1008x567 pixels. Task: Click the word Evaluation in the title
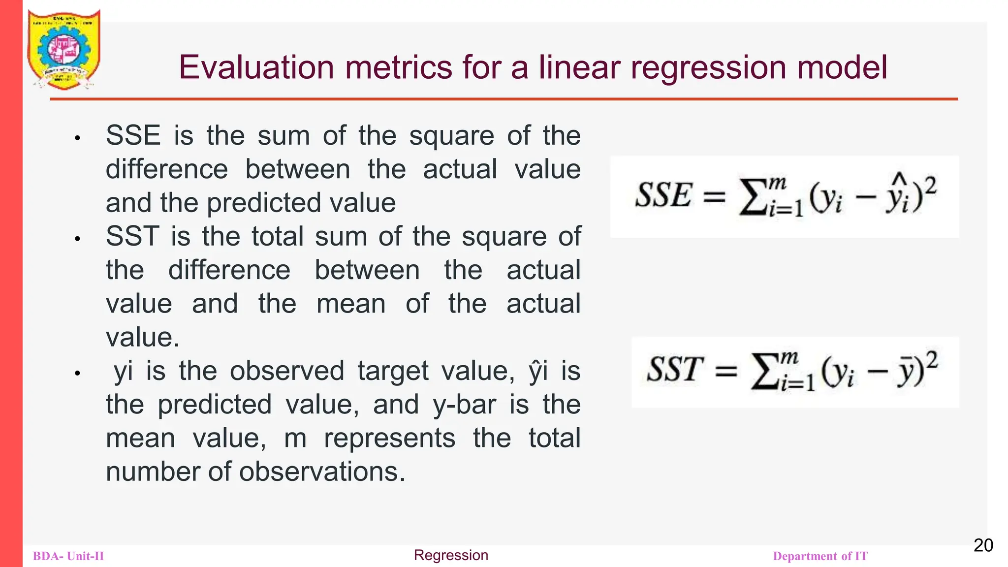[x=256, y=67]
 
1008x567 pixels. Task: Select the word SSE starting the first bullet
[x=133, y=135]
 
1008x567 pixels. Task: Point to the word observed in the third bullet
[x=287, y=371]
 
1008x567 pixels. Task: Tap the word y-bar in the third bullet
[x=464, y=405]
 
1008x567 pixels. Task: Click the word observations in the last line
[x=322, y=472]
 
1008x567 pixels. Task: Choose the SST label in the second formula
[x=675, y=370]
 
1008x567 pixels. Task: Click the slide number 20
[x=983, y=545]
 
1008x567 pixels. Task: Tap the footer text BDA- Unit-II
[x=68, y=556]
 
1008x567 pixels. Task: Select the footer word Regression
[x=451, y=555]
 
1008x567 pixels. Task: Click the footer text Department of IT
[x=820, y=556]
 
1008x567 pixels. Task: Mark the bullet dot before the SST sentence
[x=77, y=239]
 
